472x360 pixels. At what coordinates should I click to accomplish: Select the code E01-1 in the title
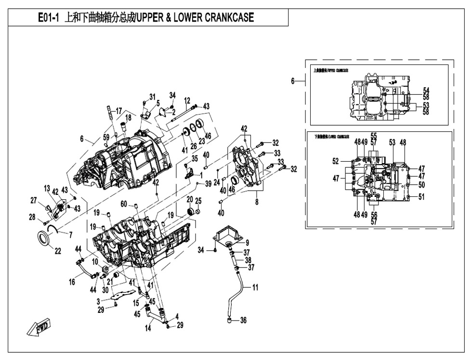(49, 18)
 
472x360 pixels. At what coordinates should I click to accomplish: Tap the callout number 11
(255, 287)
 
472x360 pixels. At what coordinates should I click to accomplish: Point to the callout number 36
(243, 320)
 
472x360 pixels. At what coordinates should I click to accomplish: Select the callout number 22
(57, 250)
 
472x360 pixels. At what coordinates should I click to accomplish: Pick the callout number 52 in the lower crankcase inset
(335, 161)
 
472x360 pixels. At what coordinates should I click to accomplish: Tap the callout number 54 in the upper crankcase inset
(426, 90)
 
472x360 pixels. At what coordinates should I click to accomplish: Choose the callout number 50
(421, 185)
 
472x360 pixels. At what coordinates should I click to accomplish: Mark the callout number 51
(421, 196)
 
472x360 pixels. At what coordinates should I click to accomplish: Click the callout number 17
(119, 111)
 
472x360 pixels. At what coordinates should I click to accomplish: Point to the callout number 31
(153, 96)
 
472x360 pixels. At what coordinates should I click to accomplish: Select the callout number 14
(148, 329)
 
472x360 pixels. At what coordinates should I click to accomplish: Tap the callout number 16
(72, 282)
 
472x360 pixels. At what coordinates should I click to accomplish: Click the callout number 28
(32, 217)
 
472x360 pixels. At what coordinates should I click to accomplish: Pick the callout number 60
(124, 204)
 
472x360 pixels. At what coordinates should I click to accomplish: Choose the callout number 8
(257, 202)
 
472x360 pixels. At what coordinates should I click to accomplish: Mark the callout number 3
(97, 301)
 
